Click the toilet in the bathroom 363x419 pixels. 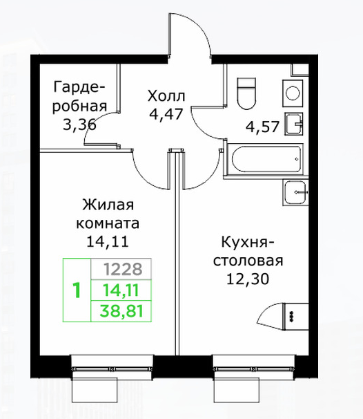[x=246, y=93]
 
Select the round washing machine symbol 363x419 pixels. [x=293, y=93]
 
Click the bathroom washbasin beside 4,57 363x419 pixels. [x=294, y=124]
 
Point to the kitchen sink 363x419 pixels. [x=295, y=192]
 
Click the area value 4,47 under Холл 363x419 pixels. [x=166, y=115]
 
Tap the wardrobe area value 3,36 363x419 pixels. [x=79, y=124]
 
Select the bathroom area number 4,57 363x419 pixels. [x=262, y=127]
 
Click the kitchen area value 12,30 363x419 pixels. [x=248, y=279]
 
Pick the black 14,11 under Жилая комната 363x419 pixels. [x=108, y=241]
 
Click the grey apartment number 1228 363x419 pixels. [x=123, y=269]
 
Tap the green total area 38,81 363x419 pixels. [x=121, y=311]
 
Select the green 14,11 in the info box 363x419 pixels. [x=121, y=290]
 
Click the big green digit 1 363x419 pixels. [x=77, y=290]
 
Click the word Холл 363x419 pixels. [x=166, y=96]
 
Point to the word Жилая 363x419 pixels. [x=108, y=205]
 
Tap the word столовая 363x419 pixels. [x=248, y=261]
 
